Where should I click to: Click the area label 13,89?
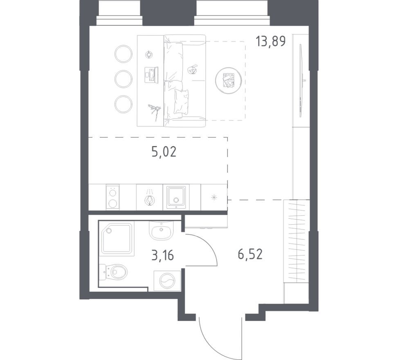point(270,41)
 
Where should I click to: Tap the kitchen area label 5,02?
point(164,152)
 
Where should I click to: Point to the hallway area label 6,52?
point(250,254)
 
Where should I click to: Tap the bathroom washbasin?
point(162,231)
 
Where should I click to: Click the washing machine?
point(167,281)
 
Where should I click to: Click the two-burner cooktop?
point(112,197)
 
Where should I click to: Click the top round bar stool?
point(123,54)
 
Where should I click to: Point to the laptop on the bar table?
point(151,75)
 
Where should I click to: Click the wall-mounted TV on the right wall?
point(302,81)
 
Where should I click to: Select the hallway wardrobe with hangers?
point(297,241)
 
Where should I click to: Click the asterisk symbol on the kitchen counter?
point(214,198)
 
